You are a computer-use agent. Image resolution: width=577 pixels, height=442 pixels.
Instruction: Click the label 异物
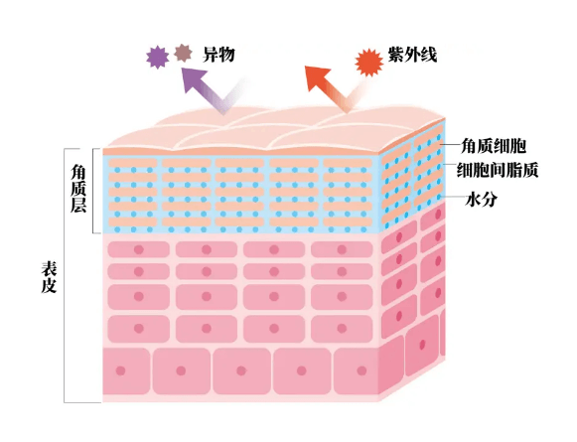point(218,56)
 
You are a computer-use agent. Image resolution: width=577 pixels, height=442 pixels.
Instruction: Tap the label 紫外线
point(412,56)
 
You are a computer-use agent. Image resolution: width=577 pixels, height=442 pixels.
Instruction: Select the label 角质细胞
point(494,146)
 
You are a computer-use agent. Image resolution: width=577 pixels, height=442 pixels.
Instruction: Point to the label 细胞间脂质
point(498,170)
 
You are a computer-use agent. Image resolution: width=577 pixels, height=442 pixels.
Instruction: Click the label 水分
point(481,200)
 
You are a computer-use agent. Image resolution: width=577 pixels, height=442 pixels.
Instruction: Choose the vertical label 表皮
point(49,277)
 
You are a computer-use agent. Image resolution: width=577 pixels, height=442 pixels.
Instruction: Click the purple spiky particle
point(158,57)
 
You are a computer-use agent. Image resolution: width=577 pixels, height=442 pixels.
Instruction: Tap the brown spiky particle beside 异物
point(184,53)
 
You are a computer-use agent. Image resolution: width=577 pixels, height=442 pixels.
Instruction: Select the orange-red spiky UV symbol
point(369,63)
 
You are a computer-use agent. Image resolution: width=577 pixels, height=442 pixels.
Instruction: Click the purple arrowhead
point(193,78)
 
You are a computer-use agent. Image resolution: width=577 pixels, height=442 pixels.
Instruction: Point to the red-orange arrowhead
point(317,78)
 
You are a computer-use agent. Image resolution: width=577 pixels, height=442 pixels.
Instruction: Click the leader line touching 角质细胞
point(451,145)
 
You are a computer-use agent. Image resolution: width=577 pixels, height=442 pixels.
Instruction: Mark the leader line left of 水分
point(453,197)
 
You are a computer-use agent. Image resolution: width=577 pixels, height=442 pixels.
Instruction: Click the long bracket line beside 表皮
point(65,275)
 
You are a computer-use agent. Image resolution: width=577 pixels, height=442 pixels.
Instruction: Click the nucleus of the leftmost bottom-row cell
point(121,370)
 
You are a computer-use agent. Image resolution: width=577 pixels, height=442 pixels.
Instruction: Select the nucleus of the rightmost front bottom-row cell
point(361,370)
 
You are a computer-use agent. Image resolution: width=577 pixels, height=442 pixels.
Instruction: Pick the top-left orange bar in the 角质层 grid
point(133,163)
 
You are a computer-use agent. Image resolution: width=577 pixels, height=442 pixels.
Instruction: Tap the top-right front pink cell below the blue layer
point(342,249)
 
